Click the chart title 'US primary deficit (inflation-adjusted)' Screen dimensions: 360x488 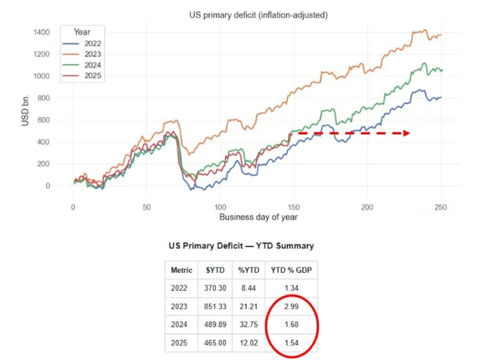click(258, 15)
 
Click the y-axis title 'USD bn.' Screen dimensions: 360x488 click(25, 109)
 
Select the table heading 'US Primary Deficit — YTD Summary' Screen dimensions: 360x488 click(241, 246)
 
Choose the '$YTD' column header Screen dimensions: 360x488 click(213, 269)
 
